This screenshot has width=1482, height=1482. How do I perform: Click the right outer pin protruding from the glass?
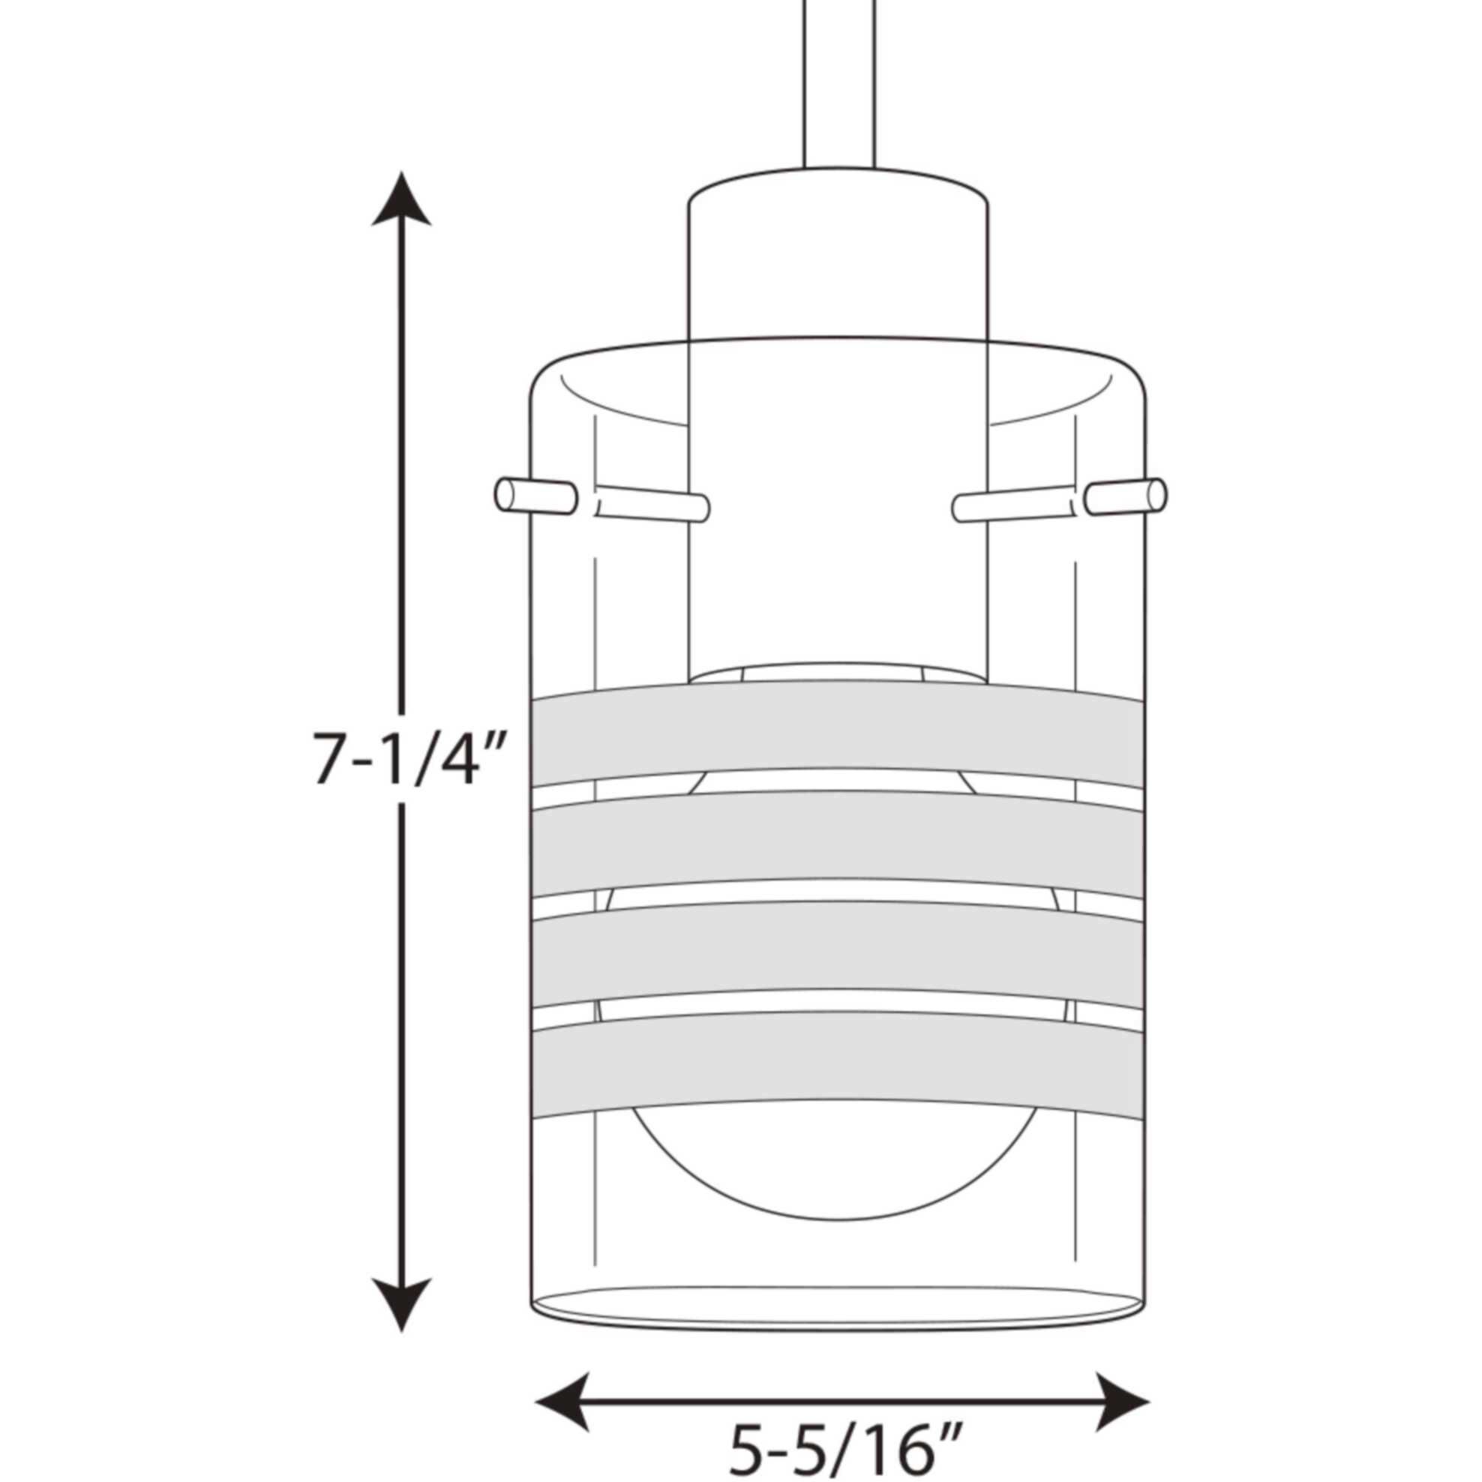1126,496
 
